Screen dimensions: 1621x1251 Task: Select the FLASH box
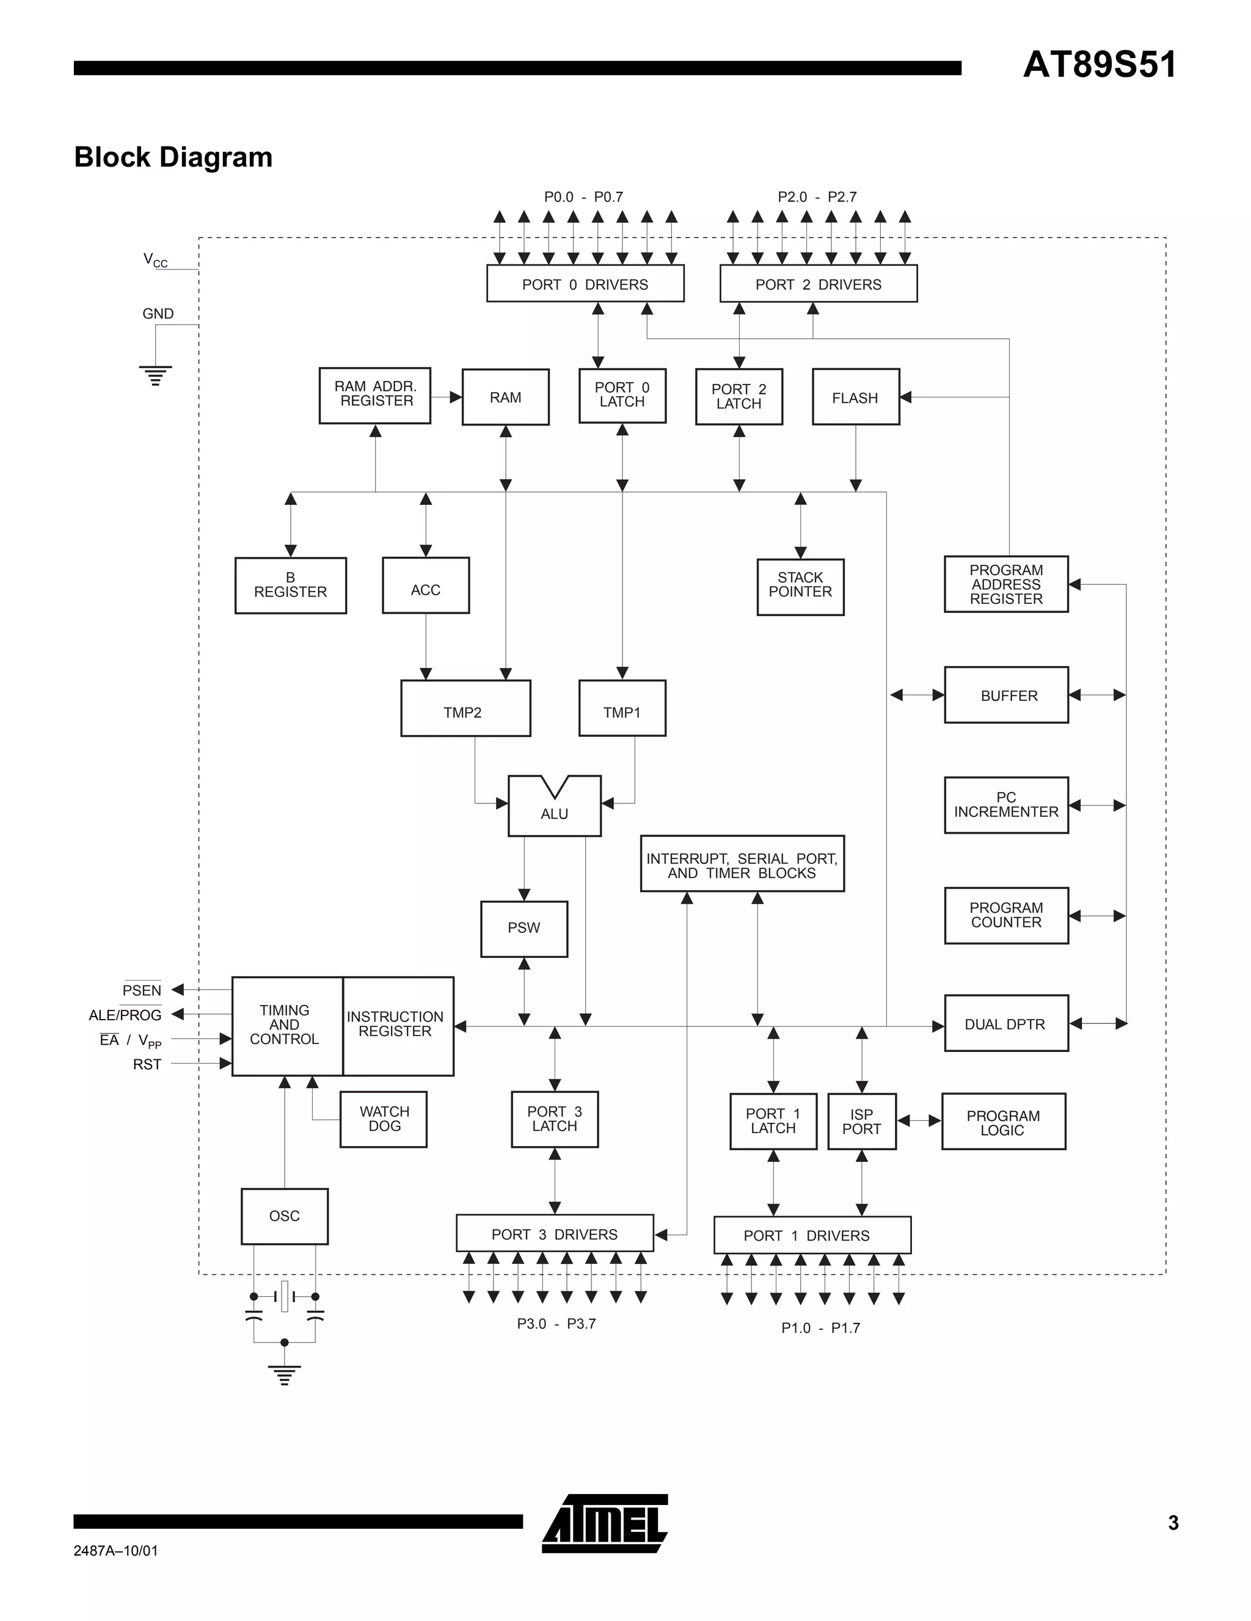[x=855, y=397]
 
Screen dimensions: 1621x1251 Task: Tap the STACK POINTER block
[x=800, y=586]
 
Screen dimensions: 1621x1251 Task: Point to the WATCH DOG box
[x=383, y=1119]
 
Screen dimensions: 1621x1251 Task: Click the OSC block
[x=285, y=1216]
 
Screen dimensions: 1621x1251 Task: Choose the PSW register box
[x=523, y=929]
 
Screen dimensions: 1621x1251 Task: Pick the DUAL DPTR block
[x=1005, y=1023]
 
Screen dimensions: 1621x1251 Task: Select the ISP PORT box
[x=861, y=1122]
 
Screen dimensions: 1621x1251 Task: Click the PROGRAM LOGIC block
[x=1003, y=1122]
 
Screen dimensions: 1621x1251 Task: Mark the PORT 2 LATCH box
[x=739, y=397]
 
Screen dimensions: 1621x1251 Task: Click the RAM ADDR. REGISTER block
[x=375, y=395]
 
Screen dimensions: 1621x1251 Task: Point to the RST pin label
[x=147, y=1064]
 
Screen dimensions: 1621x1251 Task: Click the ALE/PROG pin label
[x=125, y=1015]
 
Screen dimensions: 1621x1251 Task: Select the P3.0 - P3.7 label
[x=556, y=1324]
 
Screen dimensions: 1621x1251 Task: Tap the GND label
[x=158, y=314]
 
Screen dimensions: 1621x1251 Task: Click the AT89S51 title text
[x=1099, y=65]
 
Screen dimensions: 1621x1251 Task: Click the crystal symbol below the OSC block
[x=285, y=1297]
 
